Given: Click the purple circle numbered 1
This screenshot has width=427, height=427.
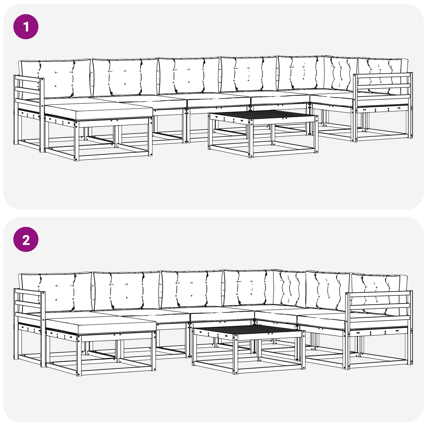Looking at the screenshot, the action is [x=26, y=27].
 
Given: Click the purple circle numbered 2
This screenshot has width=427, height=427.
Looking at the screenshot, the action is [x=26, y=240].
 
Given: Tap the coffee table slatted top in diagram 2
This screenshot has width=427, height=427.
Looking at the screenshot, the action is [x=248, y=330].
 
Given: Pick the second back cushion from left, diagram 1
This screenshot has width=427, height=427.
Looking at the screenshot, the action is [x=125, y=77].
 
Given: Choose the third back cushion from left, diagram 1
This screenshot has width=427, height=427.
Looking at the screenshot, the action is [x=189, y=75].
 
